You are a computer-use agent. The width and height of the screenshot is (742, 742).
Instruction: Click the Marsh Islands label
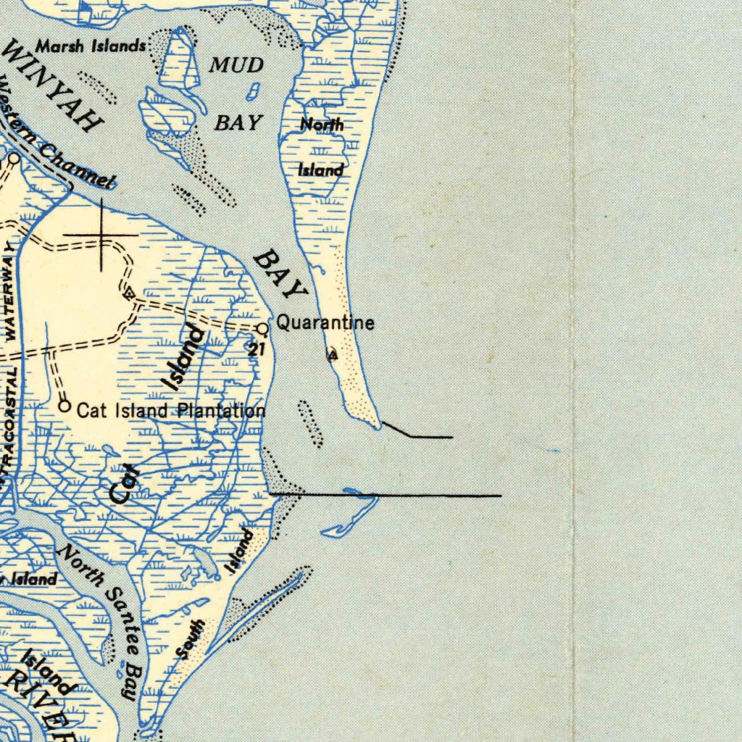(x=91, y=47)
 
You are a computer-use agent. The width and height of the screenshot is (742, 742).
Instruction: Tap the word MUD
(x=236, y=65)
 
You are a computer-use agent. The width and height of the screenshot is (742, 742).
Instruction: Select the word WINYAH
(x=52, y=86)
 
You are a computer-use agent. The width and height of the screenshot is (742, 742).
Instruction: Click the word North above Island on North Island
(x=322, y=125)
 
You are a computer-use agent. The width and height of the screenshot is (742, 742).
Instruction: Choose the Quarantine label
(x=325, y=322)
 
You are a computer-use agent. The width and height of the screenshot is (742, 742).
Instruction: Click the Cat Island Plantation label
(x=171, y=412)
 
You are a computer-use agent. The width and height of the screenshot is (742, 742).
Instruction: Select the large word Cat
(x=122, y=484)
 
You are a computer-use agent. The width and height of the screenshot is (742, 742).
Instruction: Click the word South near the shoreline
(x=191, y=639)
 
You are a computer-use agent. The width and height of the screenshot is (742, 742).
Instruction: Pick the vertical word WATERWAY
(x=10, y=290)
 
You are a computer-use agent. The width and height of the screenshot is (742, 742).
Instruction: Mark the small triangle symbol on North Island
(x=332, y=356)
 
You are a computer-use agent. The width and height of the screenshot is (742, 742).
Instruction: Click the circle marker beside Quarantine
(x=262, y=329)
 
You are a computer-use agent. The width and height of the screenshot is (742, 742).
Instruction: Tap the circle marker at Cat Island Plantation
(x=64, y=407)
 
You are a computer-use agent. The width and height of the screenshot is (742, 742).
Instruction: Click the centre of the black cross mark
(x=101, y=235)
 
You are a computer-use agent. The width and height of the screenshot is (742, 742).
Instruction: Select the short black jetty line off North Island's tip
(x=417, y=433)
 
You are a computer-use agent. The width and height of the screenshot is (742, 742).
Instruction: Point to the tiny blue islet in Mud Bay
(x=254, y=91)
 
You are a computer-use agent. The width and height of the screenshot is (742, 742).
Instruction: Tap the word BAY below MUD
(x=238, y=122)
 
